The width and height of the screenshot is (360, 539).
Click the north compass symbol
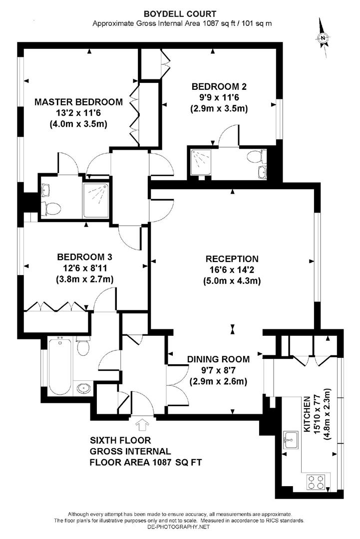point(324,36)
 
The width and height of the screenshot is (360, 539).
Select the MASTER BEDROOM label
point(78,102)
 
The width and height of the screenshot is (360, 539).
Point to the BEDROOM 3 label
point(84,258)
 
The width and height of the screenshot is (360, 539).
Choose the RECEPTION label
point(232,259)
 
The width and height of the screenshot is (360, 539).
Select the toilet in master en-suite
point(52,207)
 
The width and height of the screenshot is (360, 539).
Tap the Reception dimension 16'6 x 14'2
point(232,270)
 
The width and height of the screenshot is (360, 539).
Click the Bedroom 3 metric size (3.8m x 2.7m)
point(84,279)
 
